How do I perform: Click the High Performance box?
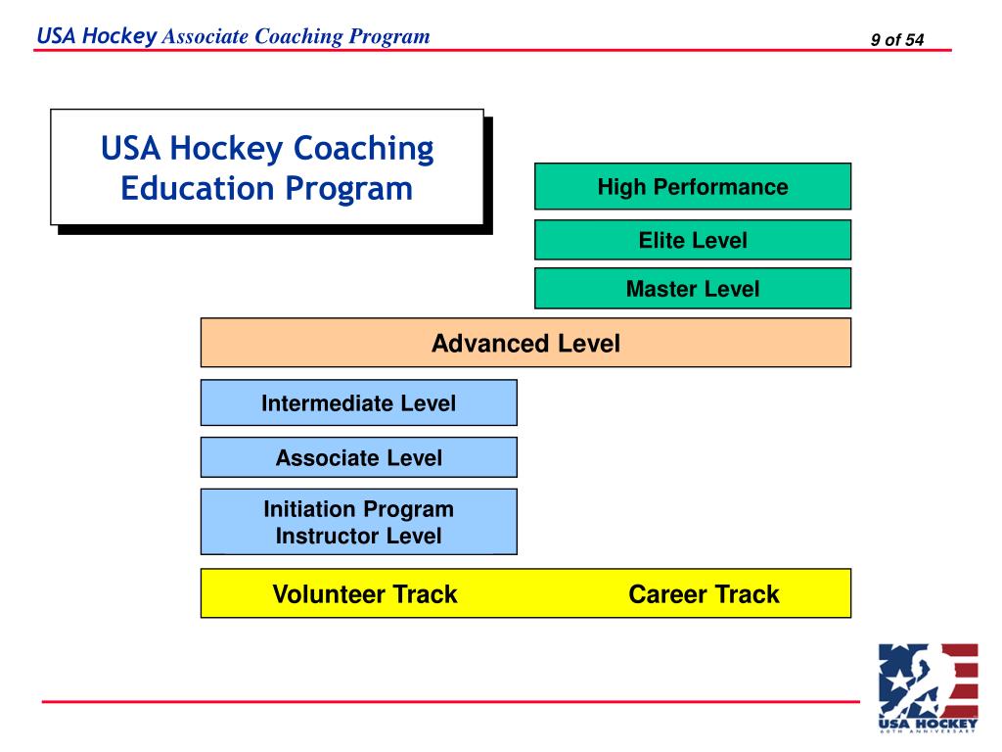(x=693, y=187)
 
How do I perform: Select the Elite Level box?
(x=693, y=240)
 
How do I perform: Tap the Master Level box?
(x=693, y=289)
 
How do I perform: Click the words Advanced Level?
(x=525, y=344)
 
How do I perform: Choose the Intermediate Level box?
(x=358, y=403)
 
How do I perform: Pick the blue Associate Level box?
(x=358, y=458)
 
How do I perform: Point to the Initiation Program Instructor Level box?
(x=358, y=523)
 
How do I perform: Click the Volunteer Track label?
(x=365, y=594)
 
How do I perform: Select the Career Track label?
(x=704, y=594)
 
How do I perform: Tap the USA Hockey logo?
(x=928, y=686)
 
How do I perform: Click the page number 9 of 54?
(x=897, y=40)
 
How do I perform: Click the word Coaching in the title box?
(x=364, y=150)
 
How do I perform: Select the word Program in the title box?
(x=349, y=188)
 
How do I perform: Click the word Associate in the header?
(x=205, y=37)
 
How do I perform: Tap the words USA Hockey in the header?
(x=96, y=37)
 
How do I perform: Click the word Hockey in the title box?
(x=226, y=150)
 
